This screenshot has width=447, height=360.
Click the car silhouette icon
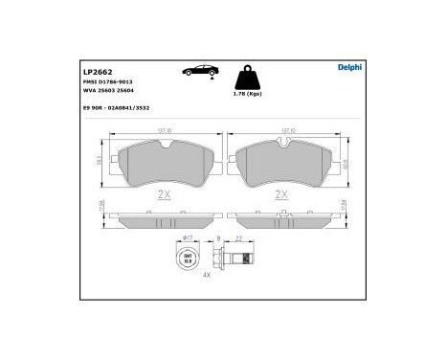[x=195, y=71]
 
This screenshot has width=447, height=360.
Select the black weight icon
[x=247, y=77]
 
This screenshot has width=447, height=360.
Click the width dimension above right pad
[x=284, y=133]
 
